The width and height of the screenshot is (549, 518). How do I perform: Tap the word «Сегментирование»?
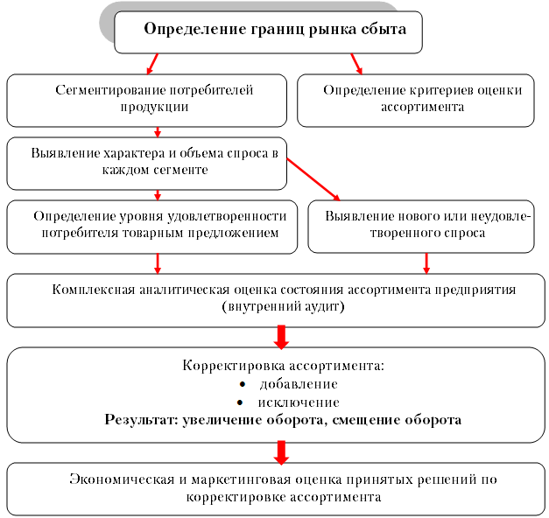(110, 90)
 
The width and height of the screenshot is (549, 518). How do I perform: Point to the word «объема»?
(201, 153)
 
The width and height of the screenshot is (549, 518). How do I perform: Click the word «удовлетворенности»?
(227, 217)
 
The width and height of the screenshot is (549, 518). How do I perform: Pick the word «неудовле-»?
(501, 216)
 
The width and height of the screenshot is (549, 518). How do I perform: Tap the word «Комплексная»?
(94, 290)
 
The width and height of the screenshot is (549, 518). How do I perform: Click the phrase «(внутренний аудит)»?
(283, 306)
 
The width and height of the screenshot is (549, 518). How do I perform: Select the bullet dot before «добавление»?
(242, 384)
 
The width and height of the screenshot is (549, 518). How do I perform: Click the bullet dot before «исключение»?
(240, 402)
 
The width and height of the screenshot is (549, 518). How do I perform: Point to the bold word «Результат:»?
(142, 420)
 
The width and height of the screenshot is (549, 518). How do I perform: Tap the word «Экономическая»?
(122, 479)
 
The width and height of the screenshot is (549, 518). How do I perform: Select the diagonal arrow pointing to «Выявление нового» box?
(313, 179)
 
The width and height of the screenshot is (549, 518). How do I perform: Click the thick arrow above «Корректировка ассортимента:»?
(281, 337)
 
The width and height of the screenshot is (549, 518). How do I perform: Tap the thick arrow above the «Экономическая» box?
(281, 452)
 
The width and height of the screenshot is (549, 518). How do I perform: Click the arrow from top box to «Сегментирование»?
(152, 64)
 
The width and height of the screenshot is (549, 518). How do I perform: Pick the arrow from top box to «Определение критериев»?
(356, 64)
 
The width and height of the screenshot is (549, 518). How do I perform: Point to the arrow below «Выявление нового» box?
(426, 263)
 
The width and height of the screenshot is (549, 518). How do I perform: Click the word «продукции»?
(154, 107)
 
